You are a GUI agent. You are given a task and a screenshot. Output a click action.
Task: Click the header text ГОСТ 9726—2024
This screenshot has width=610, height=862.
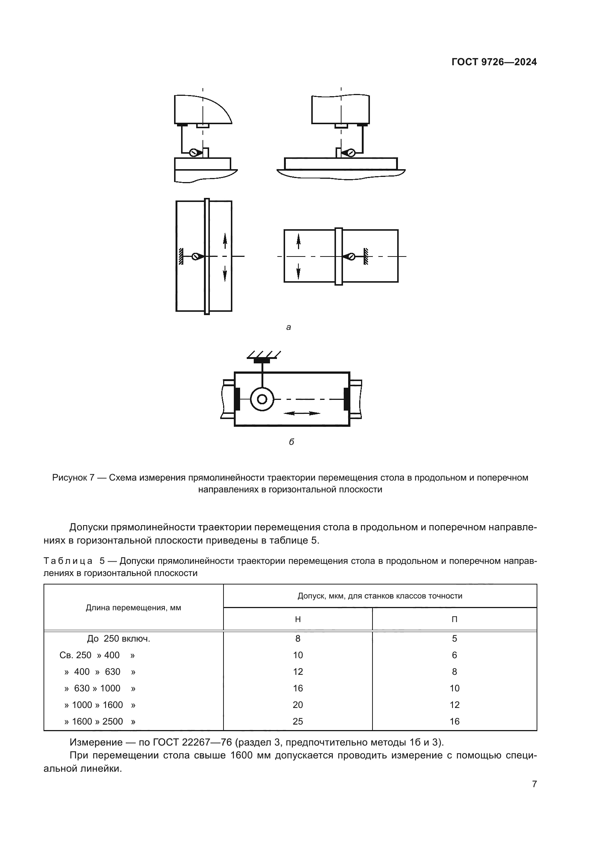coord(494,62)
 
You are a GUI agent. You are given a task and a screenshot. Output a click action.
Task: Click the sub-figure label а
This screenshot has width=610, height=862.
coord(288,327)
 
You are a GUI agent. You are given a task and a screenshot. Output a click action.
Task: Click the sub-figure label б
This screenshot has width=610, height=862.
coord(291,442)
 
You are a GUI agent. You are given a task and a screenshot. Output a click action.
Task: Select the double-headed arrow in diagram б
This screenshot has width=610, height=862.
coord(302,413)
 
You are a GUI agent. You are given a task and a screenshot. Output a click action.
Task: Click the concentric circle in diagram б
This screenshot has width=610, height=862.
coord(262,399)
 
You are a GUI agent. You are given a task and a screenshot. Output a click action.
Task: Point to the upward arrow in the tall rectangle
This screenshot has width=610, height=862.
coord(225,241)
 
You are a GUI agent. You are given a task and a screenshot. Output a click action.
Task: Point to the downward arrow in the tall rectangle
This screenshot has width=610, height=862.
coord(225,273)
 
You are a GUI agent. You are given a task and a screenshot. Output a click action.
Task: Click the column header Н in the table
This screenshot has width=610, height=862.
coord(298,619)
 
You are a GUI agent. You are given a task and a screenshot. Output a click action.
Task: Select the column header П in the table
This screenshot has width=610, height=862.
coord(454,619)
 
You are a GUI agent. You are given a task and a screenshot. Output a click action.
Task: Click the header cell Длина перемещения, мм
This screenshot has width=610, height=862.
coord(134,607)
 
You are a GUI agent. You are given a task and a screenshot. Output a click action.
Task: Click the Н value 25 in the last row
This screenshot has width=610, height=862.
coord(298,721)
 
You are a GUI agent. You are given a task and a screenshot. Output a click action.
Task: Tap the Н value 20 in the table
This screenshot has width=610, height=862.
coord(298,705)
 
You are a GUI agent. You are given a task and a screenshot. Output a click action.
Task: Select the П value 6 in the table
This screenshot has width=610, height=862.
coord(454,655)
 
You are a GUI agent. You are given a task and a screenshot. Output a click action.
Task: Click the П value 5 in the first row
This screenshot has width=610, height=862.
coord(454,639)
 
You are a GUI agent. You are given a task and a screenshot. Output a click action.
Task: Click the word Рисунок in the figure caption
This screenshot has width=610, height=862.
coord(70,478)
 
